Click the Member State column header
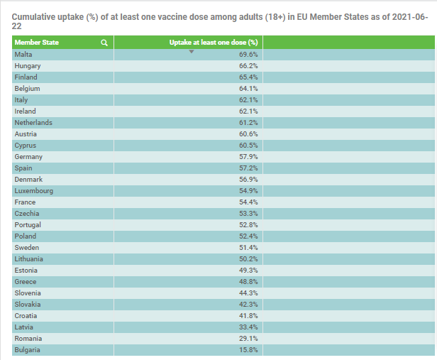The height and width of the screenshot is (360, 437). point(37,43)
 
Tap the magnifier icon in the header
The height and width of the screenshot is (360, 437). point(104,43)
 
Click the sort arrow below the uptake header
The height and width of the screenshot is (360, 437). point(192,51)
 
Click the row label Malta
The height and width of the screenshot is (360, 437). point(23,54)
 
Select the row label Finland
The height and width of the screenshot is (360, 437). point(26,77)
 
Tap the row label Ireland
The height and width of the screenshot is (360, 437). point(25,111)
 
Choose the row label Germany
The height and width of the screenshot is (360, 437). point(28,156)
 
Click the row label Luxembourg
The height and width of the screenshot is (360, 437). point(33,190)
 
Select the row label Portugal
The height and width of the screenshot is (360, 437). point(28,224)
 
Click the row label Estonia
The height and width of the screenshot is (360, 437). point(27,270)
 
